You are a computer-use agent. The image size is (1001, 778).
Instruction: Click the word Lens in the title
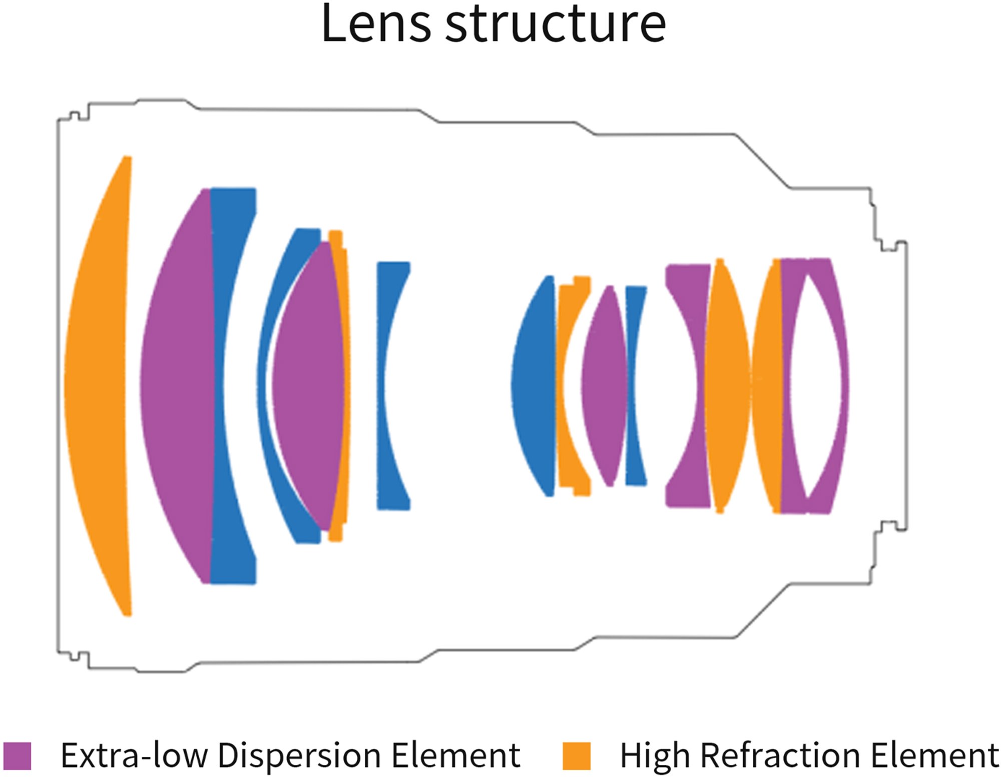point(376,24)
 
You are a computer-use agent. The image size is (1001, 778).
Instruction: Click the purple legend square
point(17,755)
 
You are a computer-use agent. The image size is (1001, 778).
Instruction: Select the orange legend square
point(577,755)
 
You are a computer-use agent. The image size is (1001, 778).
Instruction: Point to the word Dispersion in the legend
point(299,755)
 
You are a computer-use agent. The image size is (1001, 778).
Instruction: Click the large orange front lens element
point(98,386)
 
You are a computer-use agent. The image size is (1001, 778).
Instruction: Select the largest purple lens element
point(178,386)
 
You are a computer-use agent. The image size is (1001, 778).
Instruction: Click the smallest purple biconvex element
point(605,386)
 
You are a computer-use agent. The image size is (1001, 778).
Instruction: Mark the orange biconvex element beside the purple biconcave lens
point(727,386)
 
